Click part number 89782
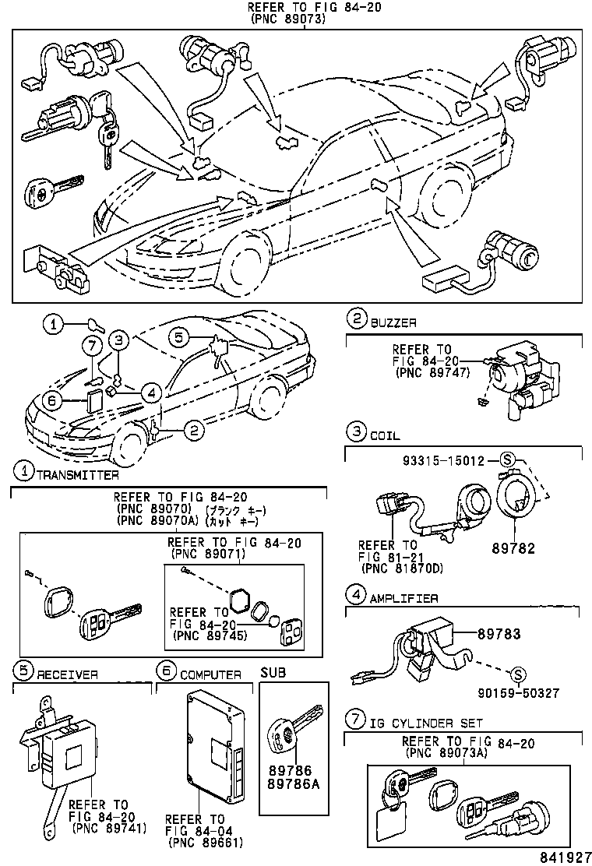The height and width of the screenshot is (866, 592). coord(513,548)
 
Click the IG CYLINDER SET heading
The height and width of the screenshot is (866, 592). coord(425,723)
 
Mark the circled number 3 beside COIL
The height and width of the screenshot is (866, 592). coord(355,431)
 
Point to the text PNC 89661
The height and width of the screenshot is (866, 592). coord(206,842)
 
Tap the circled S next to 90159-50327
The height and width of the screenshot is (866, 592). coord(515,673)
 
